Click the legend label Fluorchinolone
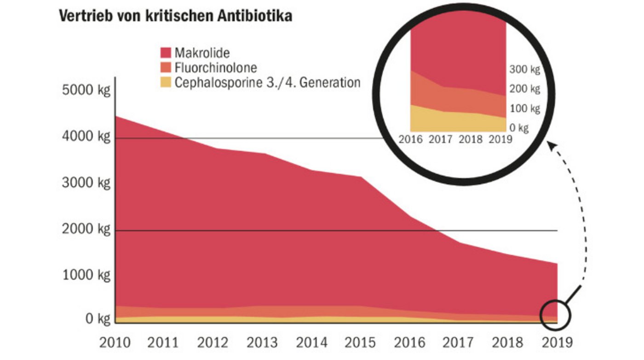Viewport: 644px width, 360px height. coord(215,68)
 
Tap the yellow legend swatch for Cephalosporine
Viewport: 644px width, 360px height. coord(166,83)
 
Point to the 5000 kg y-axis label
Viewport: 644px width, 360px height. coord(86,90)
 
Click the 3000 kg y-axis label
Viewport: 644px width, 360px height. coord(86,183)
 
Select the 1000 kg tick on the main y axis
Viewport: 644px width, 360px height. coord(86,275)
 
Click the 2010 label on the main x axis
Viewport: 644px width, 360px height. coord(115,343)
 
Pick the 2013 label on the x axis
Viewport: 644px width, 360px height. coord(262,343)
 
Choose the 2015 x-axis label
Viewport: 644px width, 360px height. coord(360,343)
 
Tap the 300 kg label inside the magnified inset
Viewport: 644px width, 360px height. coord(524,70)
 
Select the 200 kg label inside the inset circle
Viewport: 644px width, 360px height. coord(524,89)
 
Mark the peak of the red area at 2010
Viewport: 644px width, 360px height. coord(115,117)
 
